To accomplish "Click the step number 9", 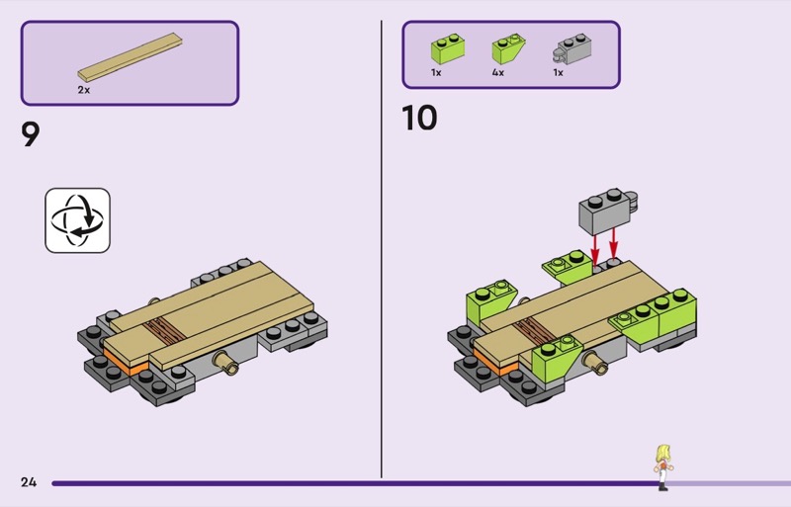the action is pyautogui.click(x=31, y=134).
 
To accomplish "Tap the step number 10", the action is pyautogui.click(x=419, y=118).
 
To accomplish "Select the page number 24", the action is pyautogui.click(x=29, y=482).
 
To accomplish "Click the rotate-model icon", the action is pyautogui.click(x=78, y=220).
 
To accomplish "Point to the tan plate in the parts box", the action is pyautogui.click(x=131, y=57).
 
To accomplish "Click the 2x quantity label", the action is pyautogui.click(x=84, y=90).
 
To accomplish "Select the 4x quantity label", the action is pyautogui.click(x=498, y=73).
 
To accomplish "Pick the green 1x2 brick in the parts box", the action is pyautogui.click(x=448, y=48).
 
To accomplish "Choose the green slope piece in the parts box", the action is pyautogui.click(x=508, y=48).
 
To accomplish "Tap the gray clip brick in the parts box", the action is pyautogui.click(x=572, y=49).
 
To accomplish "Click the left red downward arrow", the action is pyautogui.click(x=595, y=248).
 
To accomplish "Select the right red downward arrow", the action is pyautogui.click(x=613, y=244).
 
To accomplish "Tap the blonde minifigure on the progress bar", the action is pyautogui.click(x=663, y=467).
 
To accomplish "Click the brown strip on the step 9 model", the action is pyautogui.click(x=163, y=330).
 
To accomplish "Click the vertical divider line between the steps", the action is pyautogui.click(x=382, y=249).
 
